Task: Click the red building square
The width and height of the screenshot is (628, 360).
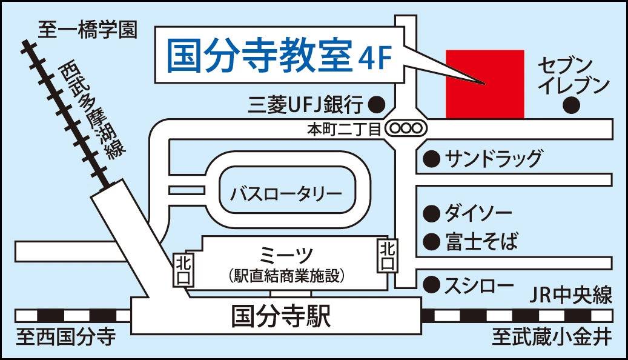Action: click(484, 84)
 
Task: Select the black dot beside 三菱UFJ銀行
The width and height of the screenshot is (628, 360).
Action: click(377, 104)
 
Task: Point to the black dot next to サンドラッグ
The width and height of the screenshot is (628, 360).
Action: click(431, 159)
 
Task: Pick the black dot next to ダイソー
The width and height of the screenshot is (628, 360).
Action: click(431, 213)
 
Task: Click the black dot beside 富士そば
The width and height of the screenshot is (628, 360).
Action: click(431, 242)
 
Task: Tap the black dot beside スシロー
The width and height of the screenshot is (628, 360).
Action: click(431, 284)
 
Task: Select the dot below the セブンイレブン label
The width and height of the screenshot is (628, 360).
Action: click(570, 105)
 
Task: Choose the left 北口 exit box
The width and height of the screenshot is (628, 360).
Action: click(182, 268)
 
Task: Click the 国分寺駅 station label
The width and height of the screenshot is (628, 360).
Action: click(282, 316)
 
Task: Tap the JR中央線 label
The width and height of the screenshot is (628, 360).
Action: click(570, 296)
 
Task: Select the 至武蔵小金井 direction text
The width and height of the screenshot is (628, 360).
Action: click(550, 338)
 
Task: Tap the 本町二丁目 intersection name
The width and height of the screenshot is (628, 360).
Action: click(343, 128)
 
